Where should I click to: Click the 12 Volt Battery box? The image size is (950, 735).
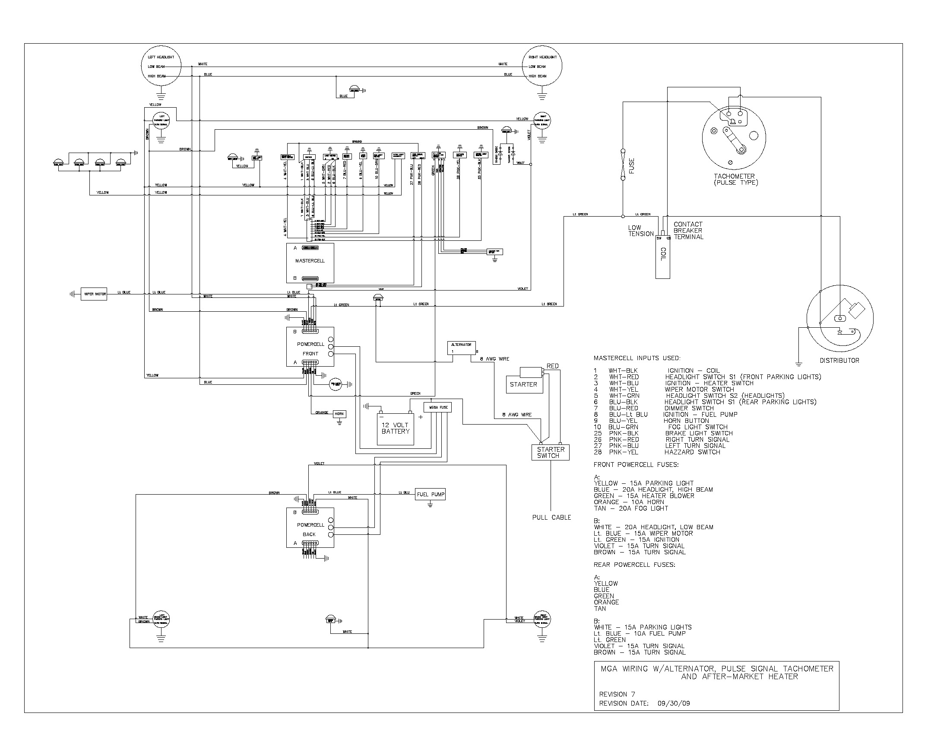pyautogui.click(x=395, y=428)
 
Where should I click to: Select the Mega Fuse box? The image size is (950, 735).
pyautogui.click(x=437, y=407)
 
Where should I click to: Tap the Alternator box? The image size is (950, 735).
pyautogui.click(x=461, y=348)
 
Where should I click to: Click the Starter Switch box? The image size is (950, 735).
pyautogui.click(x=550, y=452)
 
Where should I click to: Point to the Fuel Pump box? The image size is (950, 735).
pyautogui.click(x=430, y=494)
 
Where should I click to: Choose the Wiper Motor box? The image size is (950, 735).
pyautogui.click(x=94, y=294)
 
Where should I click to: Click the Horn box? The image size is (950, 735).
pyautogui.click(x=339, y=414)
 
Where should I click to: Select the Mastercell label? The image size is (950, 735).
pyautogui.click(x=310, y=261)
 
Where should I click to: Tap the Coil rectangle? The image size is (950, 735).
pyautogui.click(x=662, y=257)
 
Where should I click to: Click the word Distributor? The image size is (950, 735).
pyautogui.click(x=839, y=361)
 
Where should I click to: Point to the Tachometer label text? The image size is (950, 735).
pyautogui.click(x=734, y=176)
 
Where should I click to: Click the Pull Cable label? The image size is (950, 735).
pyautogui.click(x=551, y=517)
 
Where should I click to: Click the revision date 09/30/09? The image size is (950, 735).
pyautogui.click(x=674, y=703)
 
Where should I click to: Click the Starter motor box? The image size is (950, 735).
pyautogui.click(x=524, y=384)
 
